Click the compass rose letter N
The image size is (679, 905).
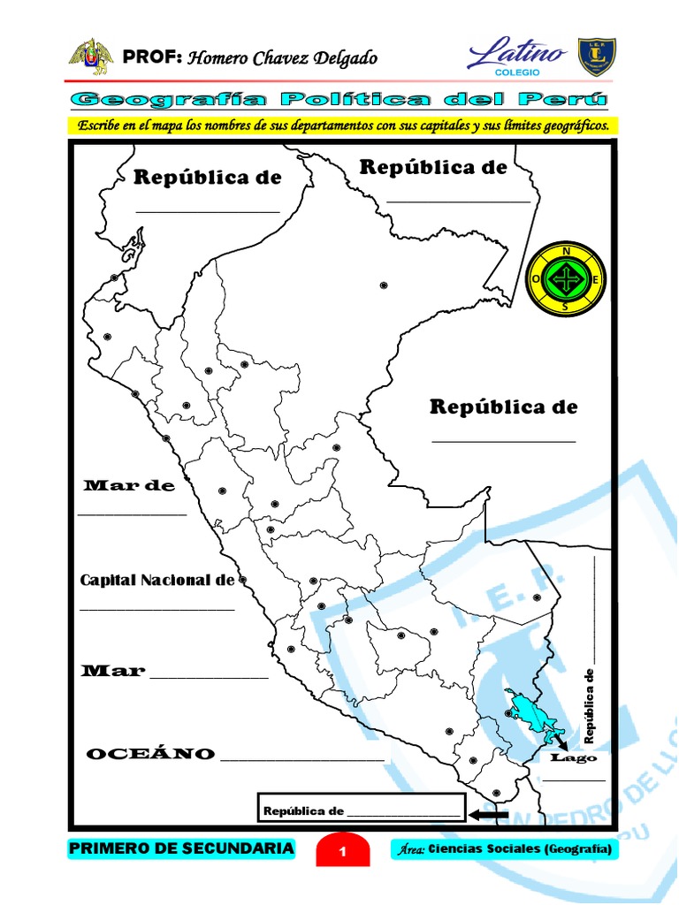[566, 252]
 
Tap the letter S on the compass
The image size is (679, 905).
[566, 307]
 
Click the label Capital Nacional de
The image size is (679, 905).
[157, 581]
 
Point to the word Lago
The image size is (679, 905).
[574, 757]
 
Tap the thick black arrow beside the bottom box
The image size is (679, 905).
[488, 815]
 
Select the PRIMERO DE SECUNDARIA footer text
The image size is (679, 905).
[181, 848]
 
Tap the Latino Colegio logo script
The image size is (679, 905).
[518, 56]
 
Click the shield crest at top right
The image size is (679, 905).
[598, 56]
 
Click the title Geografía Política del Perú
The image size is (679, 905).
[341, 98]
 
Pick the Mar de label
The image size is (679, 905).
[129, 486]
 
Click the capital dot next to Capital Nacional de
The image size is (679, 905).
[243, 580]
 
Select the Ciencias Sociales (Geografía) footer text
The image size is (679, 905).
[504, 849]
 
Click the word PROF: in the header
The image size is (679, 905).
[152, 57]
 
